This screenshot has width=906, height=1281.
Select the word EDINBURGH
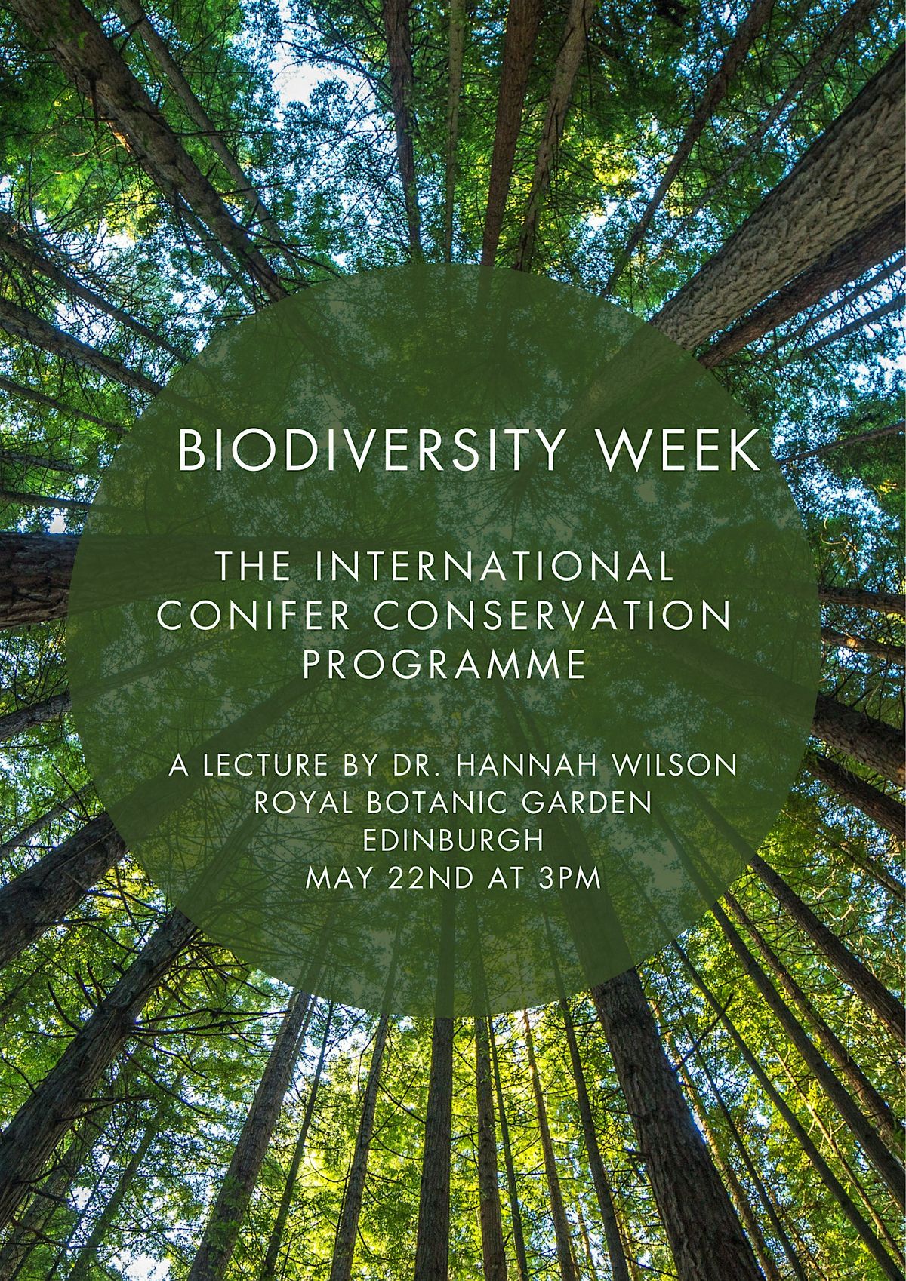point(452,840)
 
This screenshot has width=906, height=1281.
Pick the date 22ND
point(425,878)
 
